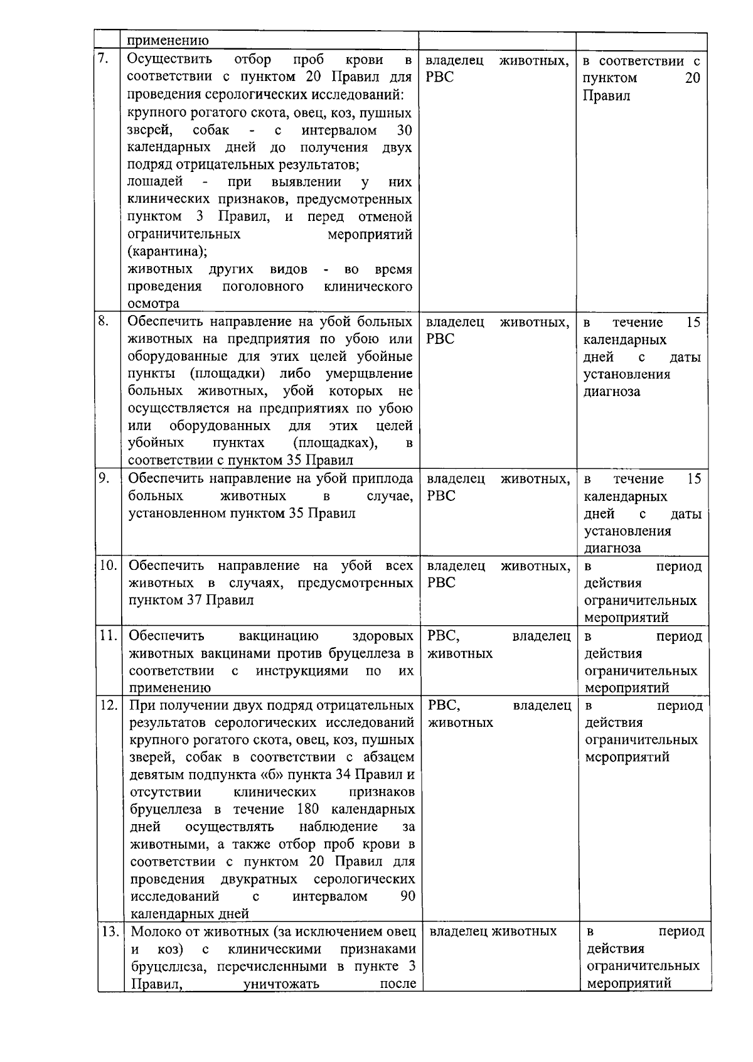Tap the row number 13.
pyautogui.click(x=110, y=931)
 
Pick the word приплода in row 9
pyautogui.click(x=386, y=479)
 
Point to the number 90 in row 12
pyautogui.click(x=407, y=896)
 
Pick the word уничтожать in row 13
pyautogui.click(x=281, y=984)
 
